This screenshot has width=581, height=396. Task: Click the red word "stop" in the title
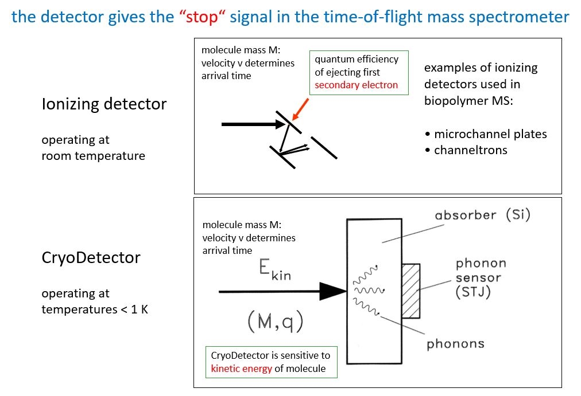tap(202, 17)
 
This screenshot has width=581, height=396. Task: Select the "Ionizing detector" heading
tap(104, 104)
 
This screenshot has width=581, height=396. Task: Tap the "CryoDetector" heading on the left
tap(91, 258)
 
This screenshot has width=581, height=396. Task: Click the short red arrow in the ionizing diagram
tap(300, 109)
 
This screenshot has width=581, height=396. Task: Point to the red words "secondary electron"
tap(356, 85)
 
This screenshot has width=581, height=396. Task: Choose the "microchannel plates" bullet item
tap(490, 134)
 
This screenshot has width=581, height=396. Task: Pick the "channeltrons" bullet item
tap(471, 150)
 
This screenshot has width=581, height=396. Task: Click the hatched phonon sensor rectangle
tap(411, 291)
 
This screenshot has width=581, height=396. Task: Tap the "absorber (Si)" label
tap(482, 215)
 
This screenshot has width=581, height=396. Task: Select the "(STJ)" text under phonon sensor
tap(473, 292)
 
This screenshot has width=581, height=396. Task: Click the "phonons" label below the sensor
tap(455, 344)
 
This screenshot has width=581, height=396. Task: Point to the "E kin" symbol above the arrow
tap(275, 269)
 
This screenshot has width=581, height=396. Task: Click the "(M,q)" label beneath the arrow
tap(276, 321)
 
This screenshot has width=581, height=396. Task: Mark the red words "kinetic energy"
tap(241, 368)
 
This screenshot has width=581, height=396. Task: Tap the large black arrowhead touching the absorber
tap(333, 291)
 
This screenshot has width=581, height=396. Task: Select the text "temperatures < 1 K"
tap(95, 309)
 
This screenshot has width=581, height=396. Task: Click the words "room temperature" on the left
tap(94, 156)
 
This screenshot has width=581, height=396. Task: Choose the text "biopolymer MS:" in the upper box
tap(468, 101)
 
